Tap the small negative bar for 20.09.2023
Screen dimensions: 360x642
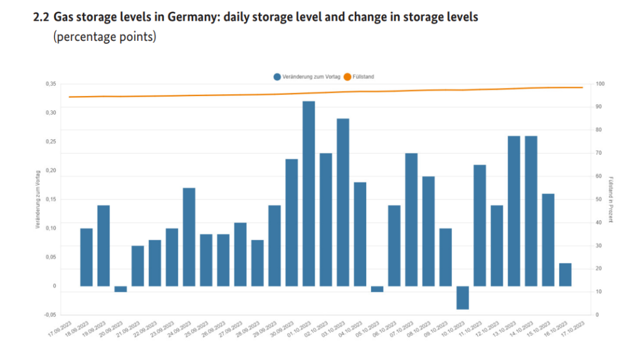click(120, 289)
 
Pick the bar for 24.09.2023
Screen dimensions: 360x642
click(189, 237)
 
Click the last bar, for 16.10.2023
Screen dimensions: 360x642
click(566, 275)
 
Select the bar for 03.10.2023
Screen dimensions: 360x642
click(343, 202)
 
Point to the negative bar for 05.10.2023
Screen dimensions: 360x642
click(377, 289)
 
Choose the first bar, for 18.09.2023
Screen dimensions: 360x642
click(87, 257)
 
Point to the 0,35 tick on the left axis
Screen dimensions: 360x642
click(51, 84)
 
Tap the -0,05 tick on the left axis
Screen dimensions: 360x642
click(50, 315)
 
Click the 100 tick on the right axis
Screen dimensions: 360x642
click(600, 84)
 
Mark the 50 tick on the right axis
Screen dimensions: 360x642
click(599, 199)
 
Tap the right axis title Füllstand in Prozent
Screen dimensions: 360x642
click(611, 199)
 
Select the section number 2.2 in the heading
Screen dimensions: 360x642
click(41, 18)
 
